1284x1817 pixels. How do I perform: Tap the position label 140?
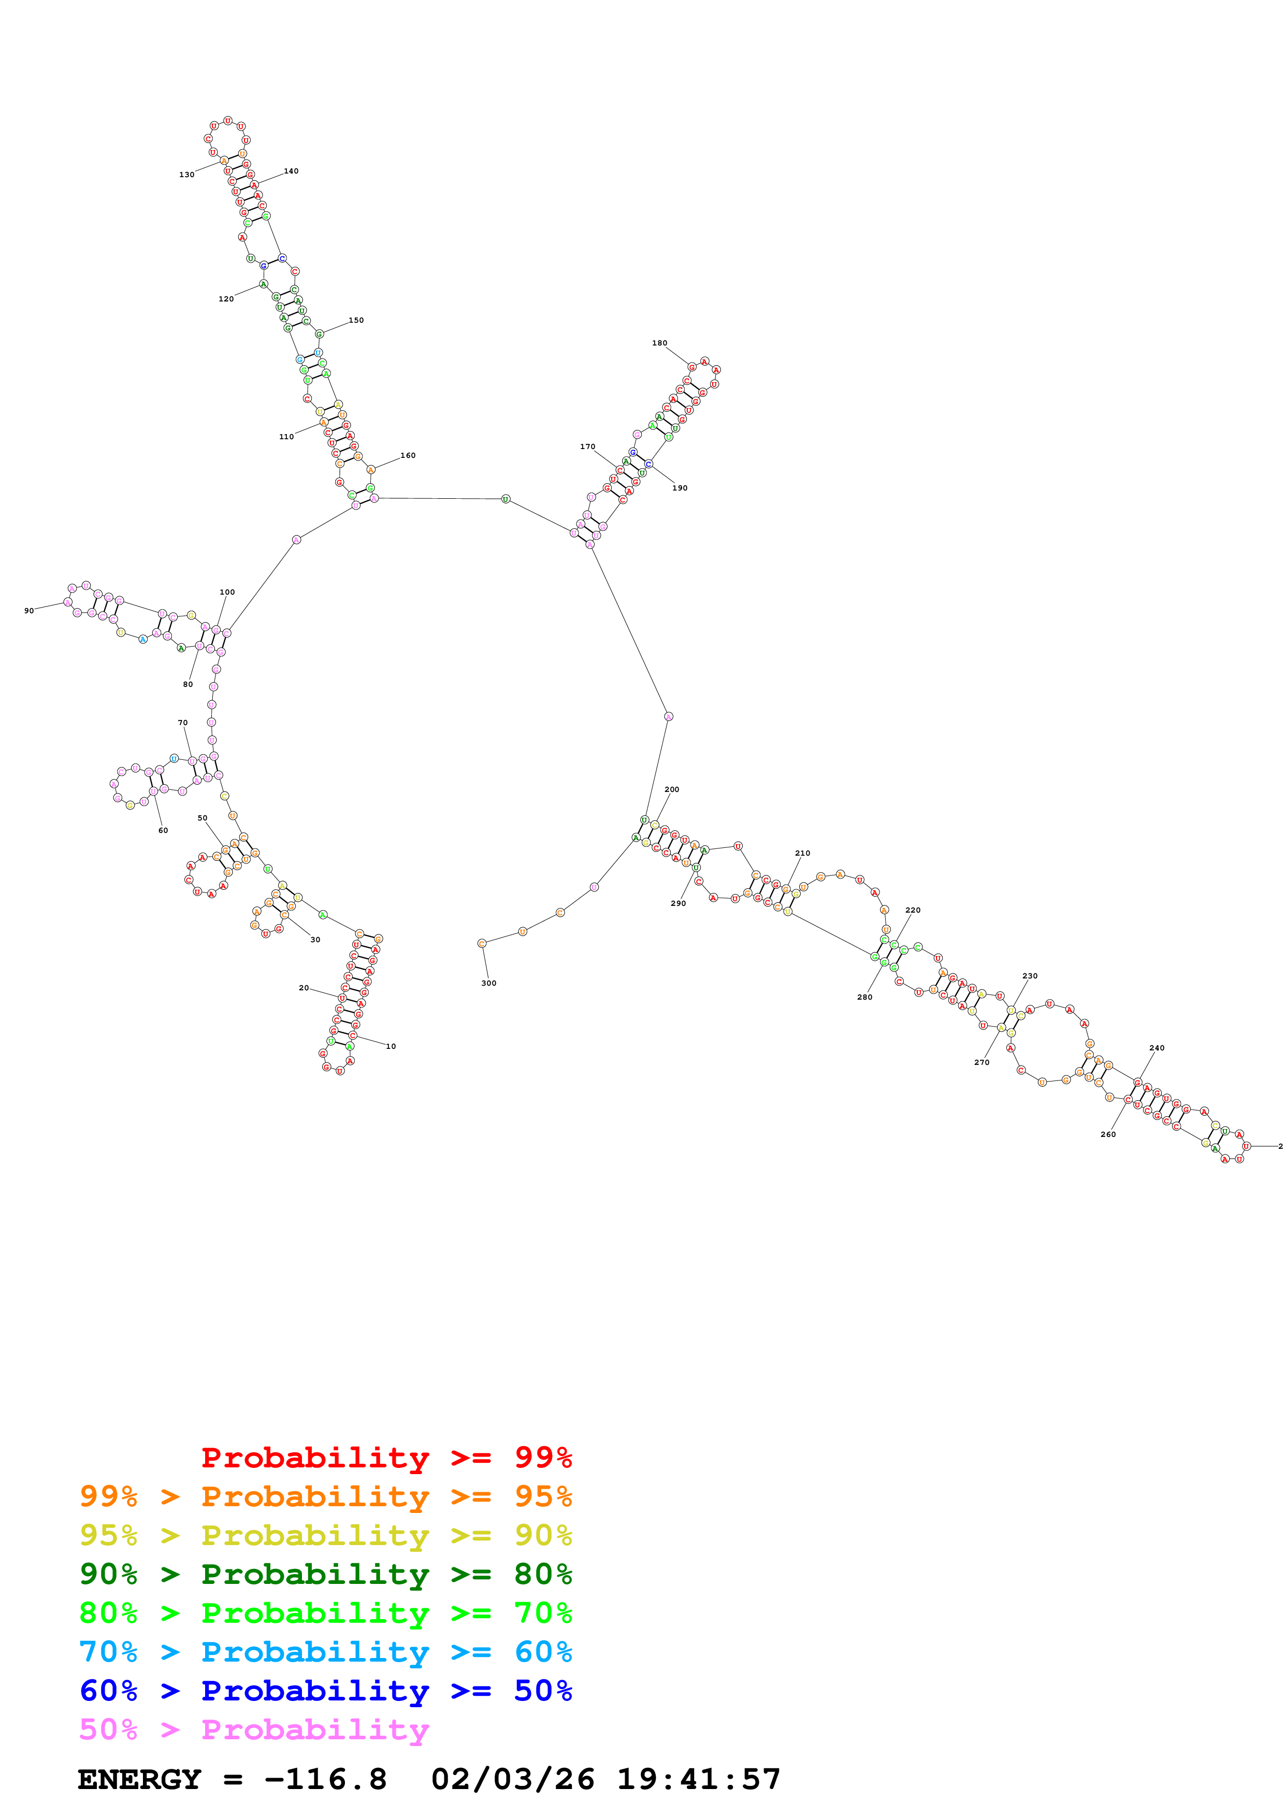click(x=291, y=171)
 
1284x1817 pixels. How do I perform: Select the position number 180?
click(x=659, y=343)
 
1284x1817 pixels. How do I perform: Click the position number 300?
click(x=489, y=984)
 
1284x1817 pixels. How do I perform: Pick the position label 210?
click(x=802, y=853)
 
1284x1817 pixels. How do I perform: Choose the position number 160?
click(x=408, y=456)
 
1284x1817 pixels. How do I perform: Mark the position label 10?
click(x=391, y=1046)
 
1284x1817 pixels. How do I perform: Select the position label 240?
click(x=1157, y=1048)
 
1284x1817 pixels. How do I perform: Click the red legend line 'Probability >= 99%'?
click(x=386, y=1458)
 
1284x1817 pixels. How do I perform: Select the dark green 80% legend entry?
click(x=325, y=1575)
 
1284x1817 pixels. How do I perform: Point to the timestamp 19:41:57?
click(x=699, y=1780)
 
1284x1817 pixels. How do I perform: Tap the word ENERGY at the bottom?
click(x=139, y=1780)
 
